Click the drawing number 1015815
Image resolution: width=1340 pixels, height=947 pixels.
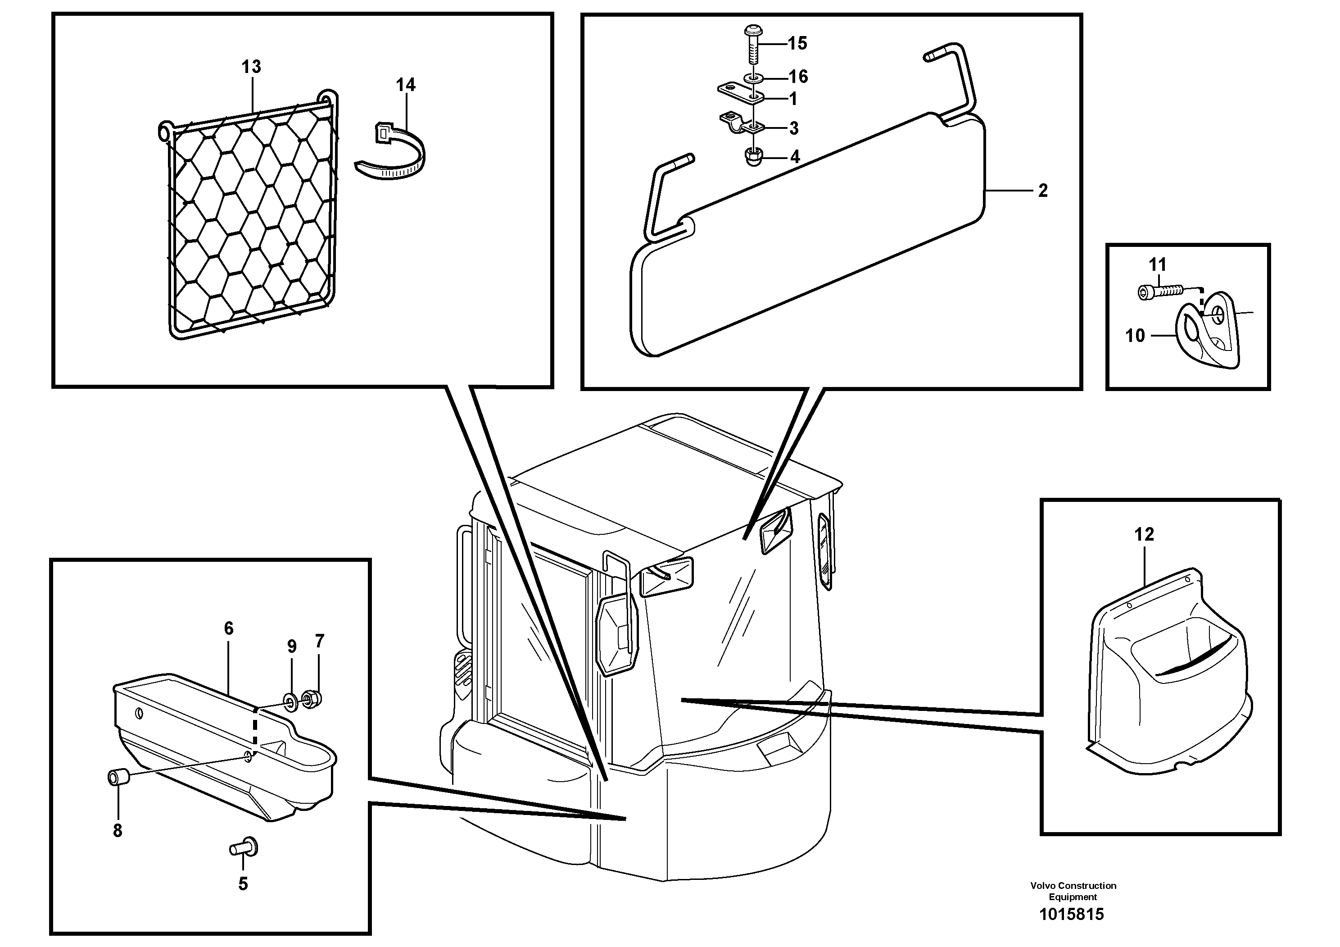click(x=1072, y=914)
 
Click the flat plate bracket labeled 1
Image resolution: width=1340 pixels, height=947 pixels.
click(x=738, y=93)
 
